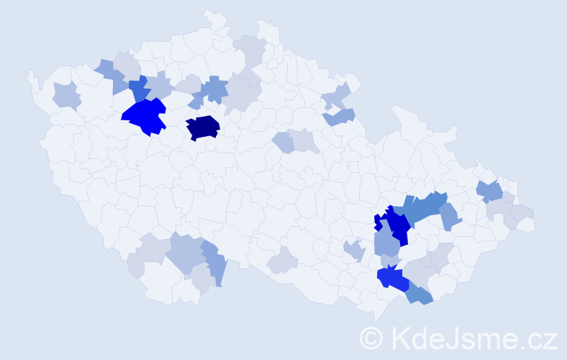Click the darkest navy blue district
(x=203, y=127)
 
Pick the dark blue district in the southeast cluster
(x=395, y=225)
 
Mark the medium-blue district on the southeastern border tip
(x=419, y=294)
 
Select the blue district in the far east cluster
(x=490, y=191)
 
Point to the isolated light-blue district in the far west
(x=65, y=94)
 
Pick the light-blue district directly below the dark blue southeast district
(x=386, y=243)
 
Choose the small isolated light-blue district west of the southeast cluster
(x=353, y=250)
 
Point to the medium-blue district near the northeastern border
(x=340, y=115)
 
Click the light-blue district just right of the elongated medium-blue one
(x=449, y=215)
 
